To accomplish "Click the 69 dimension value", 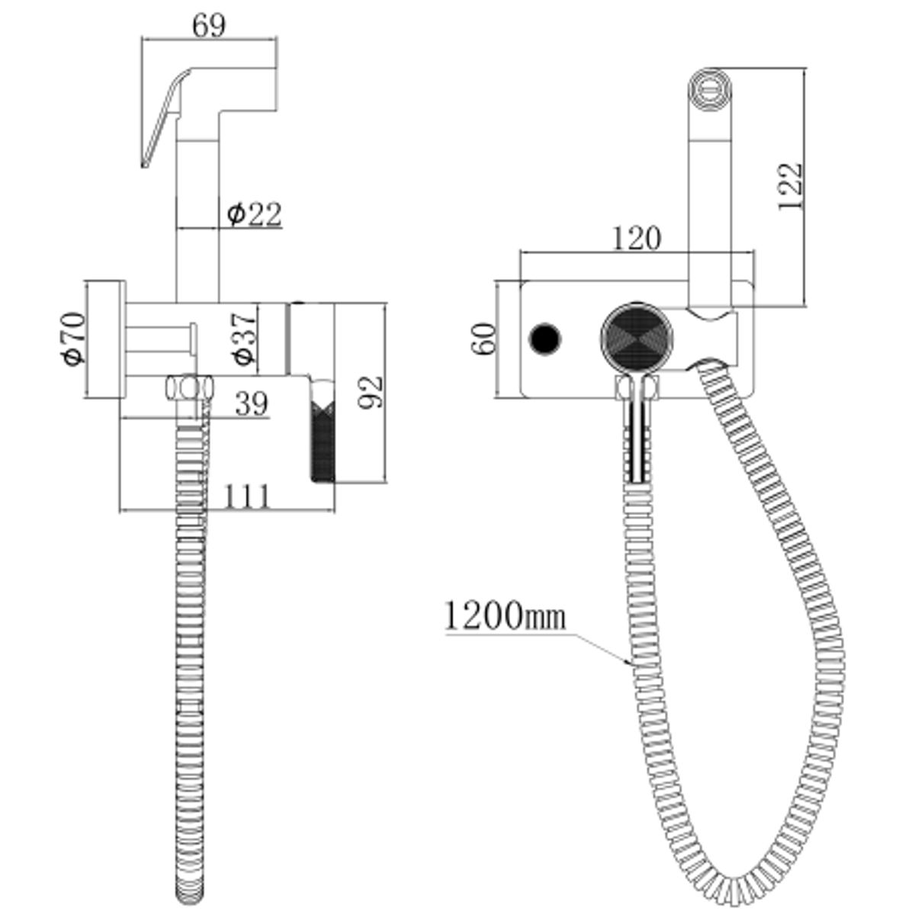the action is click(208, 26).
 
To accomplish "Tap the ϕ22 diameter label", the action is click(254, 214).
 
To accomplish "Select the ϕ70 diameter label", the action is click(74, 339).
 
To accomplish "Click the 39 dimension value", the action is click(252, 403).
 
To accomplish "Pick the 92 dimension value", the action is click(371, 392).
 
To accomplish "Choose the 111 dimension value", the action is click(246, 496).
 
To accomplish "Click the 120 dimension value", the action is click(637, 239).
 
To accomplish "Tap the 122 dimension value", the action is click(790, 186).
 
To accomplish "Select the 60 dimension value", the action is click(483, 339).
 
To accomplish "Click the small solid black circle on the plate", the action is click(545, 339).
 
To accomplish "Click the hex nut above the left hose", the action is click(189, 388).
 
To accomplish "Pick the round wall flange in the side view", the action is click(105, 339).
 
